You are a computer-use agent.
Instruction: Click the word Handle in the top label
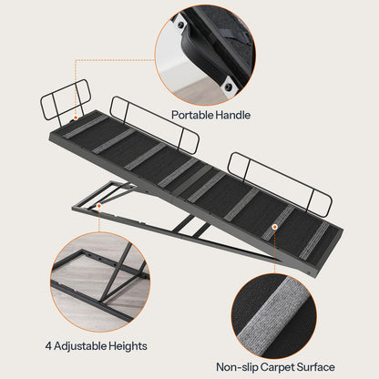click(230, 116)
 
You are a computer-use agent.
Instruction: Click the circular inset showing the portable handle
click(206, 51)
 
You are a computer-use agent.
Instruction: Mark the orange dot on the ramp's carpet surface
click(272, 222)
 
